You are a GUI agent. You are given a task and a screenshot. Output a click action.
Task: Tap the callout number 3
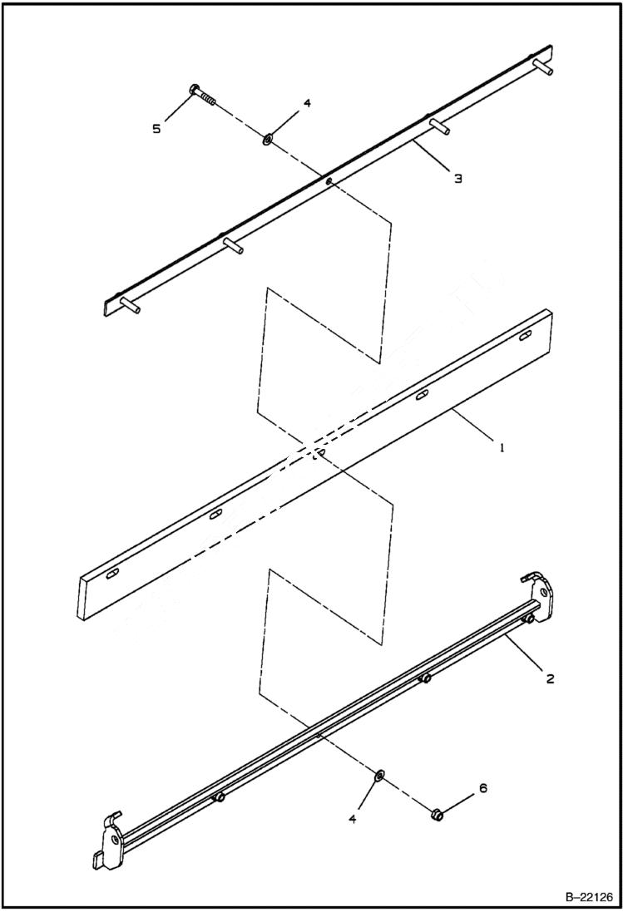[x=457, y=178]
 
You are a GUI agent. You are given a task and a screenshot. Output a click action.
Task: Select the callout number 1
[x=502, y=446]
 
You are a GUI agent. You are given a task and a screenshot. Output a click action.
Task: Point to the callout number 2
[x=550, y=678]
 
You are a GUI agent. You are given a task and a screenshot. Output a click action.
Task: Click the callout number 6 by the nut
[x=482, y=787]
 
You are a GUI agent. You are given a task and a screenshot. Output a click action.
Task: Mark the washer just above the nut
[x=378, y=776]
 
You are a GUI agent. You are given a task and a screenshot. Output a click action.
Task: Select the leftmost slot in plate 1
[x=111, y=574]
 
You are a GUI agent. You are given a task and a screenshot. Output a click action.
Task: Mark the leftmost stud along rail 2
[x=220, y=797]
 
